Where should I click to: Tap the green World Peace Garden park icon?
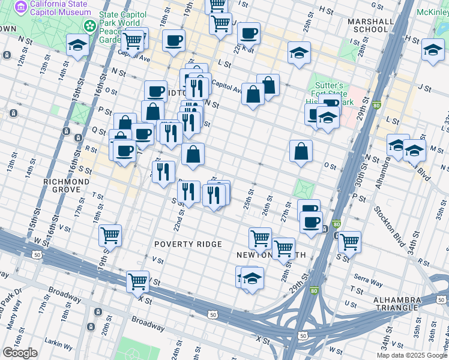tap(90, 26)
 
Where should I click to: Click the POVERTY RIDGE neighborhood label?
tap(188, 244)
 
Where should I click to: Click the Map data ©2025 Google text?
tap(412, 355)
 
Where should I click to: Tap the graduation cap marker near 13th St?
tap(77, 45)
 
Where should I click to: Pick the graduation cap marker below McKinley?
tap(433, 50)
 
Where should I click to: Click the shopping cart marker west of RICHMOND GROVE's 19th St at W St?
tap(110, 235)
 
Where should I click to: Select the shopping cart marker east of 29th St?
tap(349, 242)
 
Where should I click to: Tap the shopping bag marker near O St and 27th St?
tap(301, 151)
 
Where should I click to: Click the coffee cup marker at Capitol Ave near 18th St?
tap(173, 40)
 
